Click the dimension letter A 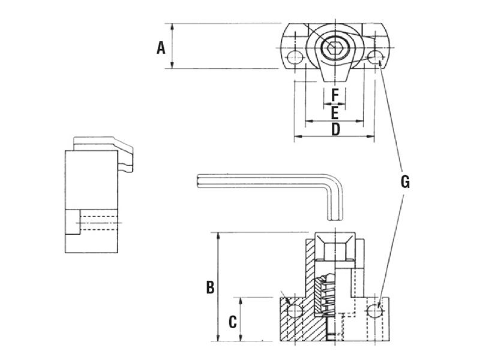pyautogui.click(x=161, y=47)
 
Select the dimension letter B pyautogui.click(x=210, y=287)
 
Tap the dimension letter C pyautogui.click(x=232, y=322)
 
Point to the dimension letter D pyautogui.click(x=335, y=128)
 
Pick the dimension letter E pyautogui.click(x=335, y=112)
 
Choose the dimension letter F pyautogui.click(x=335, y=94)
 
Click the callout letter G pyautogui.click(x=405, y=182)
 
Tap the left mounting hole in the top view pyautogui.click(x=295, y=58)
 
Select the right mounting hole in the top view pyautogui.click(x=376, y=58)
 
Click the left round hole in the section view pyautogui.click(x=294, y=311)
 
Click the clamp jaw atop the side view pyautogui.click(x=102, y=145)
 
